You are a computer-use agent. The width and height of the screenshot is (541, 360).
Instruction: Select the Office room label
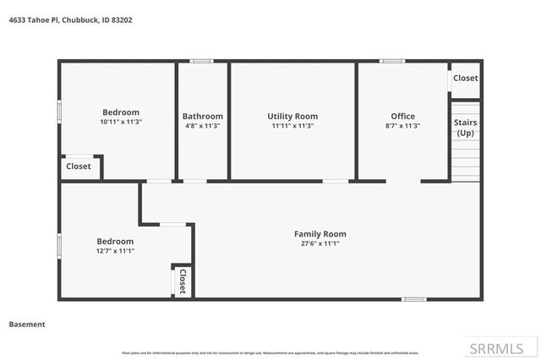(x=402, y=116)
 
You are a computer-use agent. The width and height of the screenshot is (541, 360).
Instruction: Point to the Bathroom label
(x=203, y=116)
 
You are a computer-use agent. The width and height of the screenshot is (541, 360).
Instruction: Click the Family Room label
(x=320, y=233)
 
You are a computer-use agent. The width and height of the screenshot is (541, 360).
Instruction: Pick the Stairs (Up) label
(x=466, y=128)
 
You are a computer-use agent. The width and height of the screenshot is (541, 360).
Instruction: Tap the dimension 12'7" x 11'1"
(x=114, y=251)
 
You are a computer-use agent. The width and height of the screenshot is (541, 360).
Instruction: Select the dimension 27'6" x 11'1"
(x=320, y=243)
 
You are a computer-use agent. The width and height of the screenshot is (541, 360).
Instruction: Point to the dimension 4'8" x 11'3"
(x=203, y=126)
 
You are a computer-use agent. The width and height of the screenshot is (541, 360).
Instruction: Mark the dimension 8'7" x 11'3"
(x=402, y=126)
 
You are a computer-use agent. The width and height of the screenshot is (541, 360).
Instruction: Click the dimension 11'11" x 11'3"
(x=292, y=126)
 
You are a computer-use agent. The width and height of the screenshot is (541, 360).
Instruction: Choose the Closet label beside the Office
(x=466, y=78)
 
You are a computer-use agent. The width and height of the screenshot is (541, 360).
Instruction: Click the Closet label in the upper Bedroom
(x=79, y=166)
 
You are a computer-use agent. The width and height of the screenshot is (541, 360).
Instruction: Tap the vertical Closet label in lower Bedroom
(x=182, y=281)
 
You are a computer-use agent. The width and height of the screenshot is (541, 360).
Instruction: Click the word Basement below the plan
(x=27, y=324)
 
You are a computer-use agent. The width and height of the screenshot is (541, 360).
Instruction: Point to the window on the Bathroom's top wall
(x=201, y=61)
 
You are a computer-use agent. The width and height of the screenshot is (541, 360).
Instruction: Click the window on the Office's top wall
(x=391, y=61)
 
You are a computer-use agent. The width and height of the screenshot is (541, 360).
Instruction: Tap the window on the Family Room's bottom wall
(x=413, y=299)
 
